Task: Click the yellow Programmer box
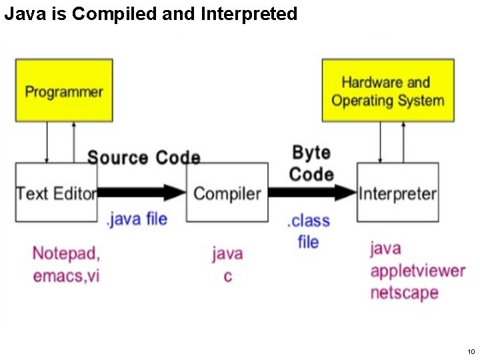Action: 64,91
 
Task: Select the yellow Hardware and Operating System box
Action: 387,91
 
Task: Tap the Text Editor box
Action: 56,193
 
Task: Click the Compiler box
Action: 227,193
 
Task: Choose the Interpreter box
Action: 397,193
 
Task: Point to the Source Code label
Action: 143,158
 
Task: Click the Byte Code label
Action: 311,163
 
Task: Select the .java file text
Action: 137,219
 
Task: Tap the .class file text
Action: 308,231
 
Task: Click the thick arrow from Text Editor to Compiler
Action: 141,193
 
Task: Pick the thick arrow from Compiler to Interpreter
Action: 312,193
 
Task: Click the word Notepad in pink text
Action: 66,253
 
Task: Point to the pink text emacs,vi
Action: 66,275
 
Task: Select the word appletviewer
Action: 417,271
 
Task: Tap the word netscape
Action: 404,293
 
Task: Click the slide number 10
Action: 471,351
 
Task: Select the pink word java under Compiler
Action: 227,254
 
